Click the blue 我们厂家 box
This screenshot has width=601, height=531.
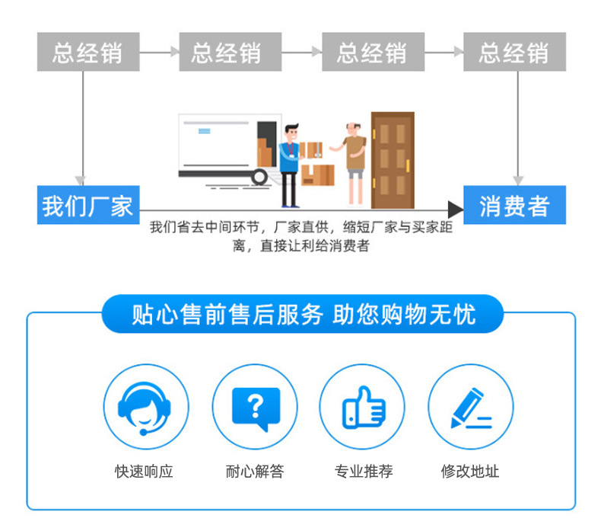(x=87, y=205)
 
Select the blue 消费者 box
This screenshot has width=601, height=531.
(x=514, y=205)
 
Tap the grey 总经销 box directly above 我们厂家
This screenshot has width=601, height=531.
(x=87, y=52)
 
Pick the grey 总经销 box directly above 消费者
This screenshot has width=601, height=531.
(x=514, y=52)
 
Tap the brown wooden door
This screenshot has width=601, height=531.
(x=393, y=160)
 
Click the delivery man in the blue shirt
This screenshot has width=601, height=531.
(x=289, y=164)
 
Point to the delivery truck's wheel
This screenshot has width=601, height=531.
(x=259, y=178)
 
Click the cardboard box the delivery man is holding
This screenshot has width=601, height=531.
(x=310, y=150)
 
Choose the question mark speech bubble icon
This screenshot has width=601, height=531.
(x=255, y=407)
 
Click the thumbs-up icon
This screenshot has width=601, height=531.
(x=363, y=407)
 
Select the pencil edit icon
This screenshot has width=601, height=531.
(x=471, y=407)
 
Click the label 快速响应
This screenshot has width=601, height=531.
(x=145, y=472)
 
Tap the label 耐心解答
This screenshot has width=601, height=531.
(x=255, y=472)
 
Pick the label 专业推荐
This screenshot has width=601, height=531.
(x=363, y=472)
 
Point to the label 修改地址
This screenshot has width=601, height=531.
(x=470, y=472)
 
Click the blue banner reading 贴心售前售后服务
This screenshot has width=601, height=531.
(x=302, y=314)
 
